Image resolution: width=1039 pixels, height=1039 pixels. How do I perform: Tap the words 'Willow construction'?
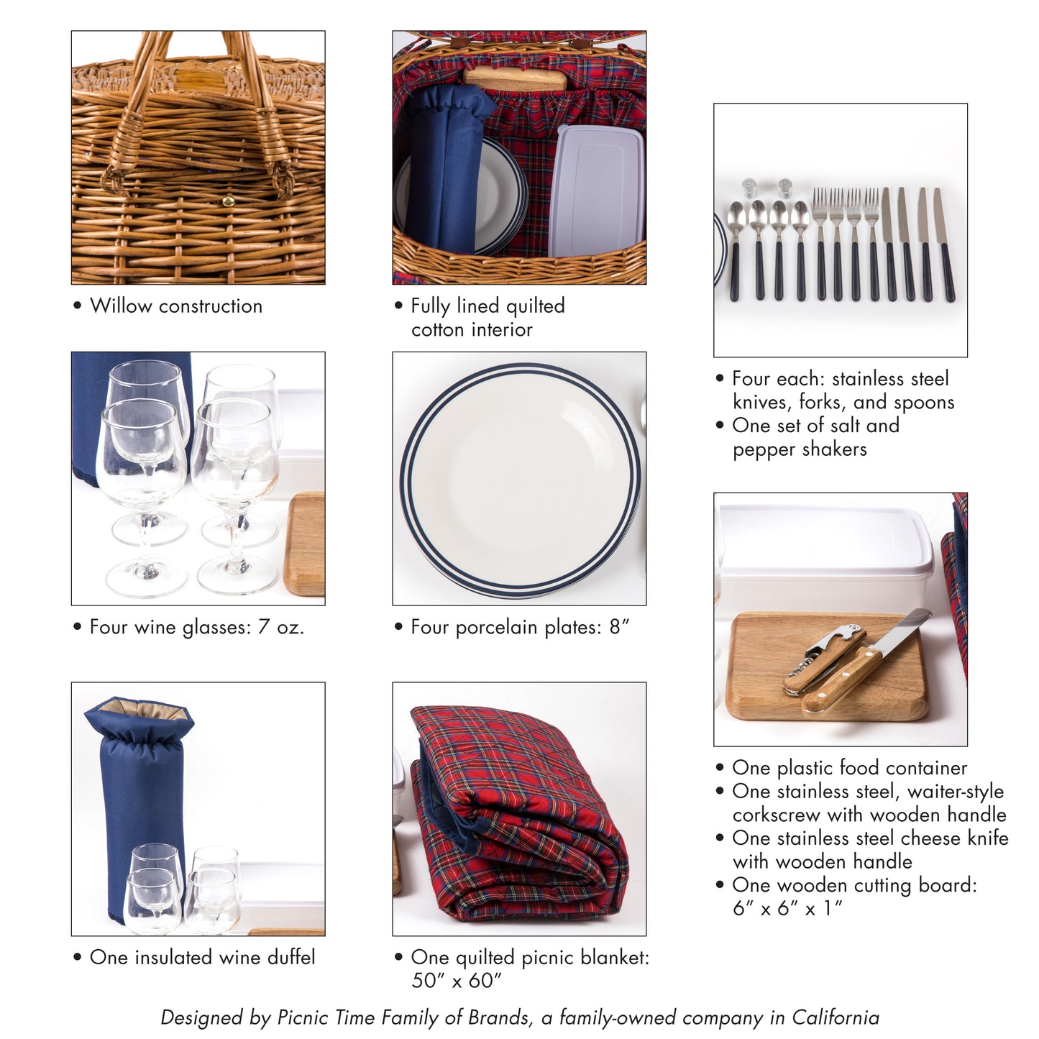[176, 306]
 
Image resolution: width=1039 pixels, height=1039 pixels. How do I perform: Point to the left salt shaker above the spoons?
[749, 188]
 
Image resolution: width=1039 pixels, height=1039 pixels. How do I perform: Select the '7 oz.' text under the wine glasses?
[281, 627]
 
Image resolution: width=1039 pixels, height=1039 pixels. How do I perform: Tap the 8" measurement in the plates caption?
[619, 627]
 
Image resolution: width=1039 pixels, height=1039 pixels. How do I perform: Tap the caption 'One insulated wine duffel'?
[202, 958]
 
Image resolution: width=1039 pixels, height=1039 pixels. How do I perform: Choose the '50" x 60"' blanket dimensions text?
[457, 981]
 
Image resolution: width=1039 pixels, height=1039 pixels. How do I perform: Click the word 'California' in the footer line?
[836, 1018]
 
